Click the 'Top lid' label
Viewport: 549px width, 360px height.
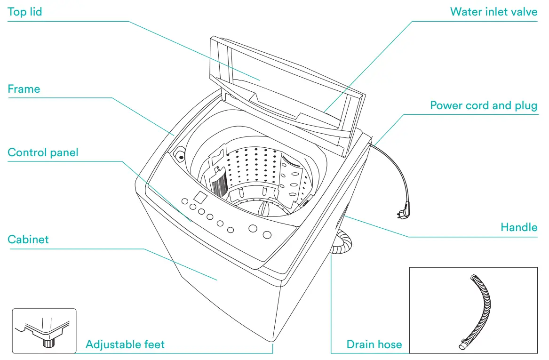pyautogui.click(x=24, y=12)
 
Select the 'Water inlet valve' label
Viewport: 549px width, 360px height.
pyautogui.click(x=493, y=12)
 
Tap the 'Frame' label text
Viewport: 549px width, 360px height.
pyautogui.click(x=24, y=89)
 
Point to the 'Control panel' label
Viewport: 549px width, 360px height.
pyautogui.click(x=43, y=152)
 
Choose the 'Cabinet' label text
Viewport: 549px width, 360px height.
pyautogui.click(x=28, y=240)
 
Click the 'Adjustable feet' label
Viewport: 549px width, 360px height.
pyautogui.click(x=125, y=345)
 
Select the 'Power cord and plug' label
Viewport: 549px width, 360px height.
pyautogui.click(x=484, y=105)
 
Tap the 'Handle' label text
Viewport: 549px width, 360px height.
pyautogui.click(x=519, y=227)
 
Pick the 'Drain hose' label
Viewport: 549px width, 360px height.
pyautogui.click(x=374, y=345)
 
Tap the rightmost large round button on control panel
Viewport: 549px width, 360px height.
pyautogui.click(x=267, y=234)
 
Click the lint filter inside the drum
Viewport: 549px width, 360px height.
pyautogui.click(x=219, y=184)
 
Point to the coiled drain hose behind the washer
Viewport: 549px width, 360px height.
pyautogui.click(x=342, y=243)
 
